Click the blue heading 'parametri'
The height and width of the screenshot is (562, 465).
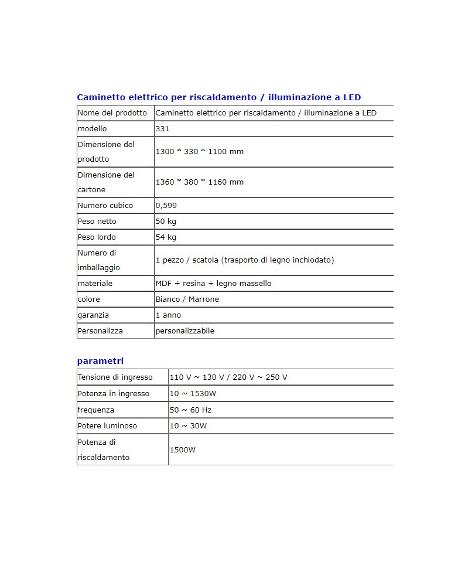tap(100, 361)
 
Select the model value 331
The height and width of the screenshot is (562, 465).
tap(162, 129)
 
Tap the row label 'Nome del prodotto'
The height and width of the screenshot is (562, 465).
tap(112, 113)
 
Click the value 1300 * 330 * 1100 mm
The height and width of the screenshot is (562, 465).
tap(199, 152)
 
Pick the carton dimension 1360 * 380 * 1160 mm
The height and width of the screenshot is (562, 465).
tap(199, 182)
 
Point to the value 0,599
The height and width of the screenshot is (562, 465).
tap(166, 206)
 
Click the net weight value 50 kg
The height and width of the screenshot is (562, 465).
tap(166, 222)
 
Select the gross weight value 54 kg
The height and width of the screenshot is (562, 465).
tap(166, 237)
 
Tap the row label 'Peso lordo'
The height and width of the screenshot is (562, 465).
tap(97, 237)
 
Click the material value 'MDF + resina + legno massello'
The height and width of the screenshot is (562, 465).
tap(213, 284)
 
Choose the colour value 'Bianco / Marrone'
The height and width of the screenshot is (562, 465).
tap(187, 299)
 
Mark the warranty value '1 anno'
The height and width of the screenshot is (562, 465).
tap(169, 315)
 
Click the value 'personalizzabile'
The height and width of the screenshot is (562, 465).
tap(184, 331)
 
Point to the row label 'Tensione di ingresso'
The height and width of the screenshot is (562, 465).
tap(115, 377)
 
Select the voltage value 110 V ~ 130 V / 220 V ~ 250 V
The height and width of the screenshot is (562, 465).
tap(228, 377)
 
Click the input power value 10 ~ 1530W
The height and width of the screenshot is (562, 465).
tap(193, 394)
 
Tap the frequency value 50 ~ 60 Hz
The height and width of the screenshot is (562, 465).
tap(190, 410)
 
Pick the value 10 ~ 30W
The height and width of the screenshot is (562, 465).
tap(188, 426)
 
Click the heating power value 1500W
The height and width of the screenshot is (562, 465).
tap(182, 450)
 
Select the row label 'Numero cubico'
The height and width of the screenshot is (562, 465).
tap(105, 206)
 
